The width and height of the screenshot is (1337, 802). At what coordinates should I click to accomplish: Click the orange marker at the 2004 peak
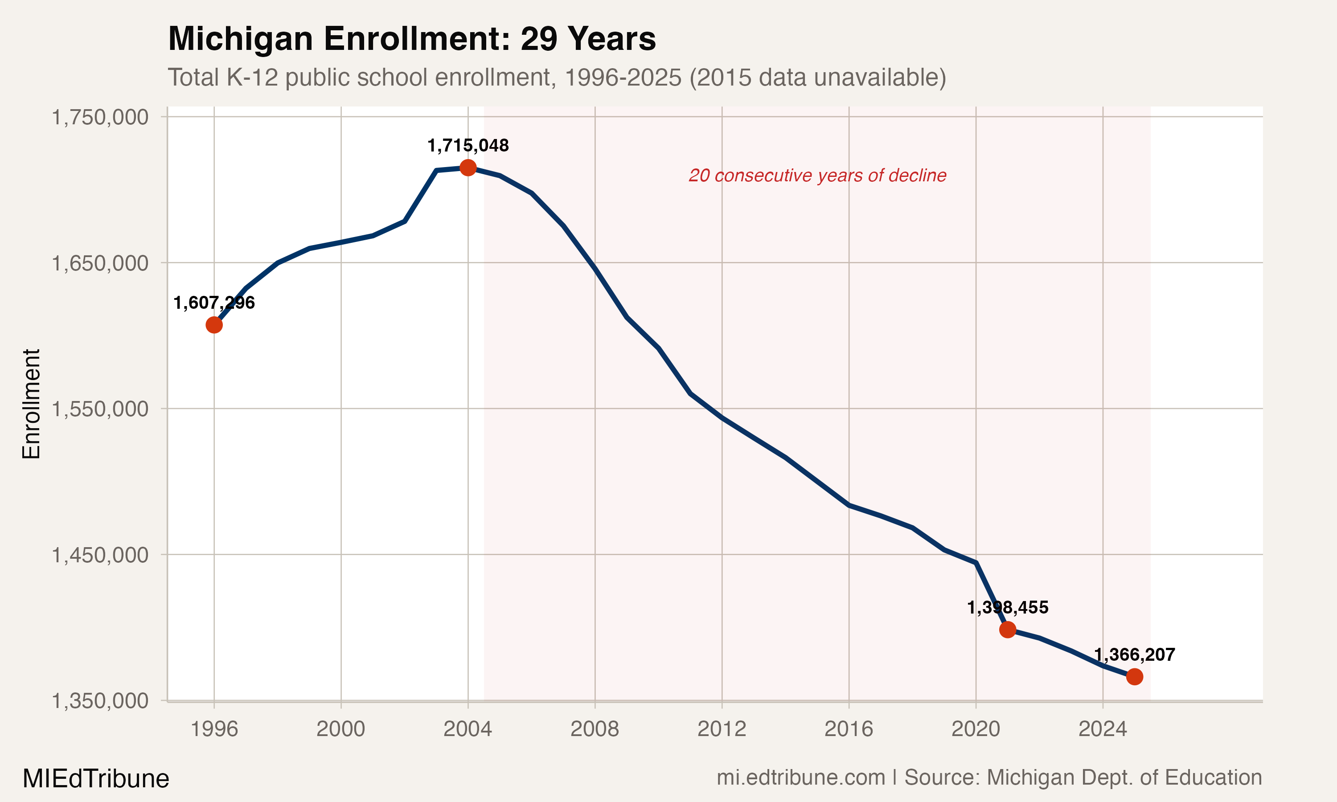468,168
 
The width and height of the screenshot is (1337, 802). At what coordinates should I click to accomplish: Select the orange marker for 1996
214,325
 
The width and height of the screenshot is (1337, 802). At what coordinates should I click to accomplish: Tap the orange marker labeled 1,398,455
1007,630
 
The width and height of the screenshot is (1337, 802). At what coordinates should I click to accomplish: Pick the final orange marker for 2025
1134,677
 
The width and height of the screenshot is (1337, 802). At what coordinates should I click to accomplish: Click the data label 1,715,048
468,145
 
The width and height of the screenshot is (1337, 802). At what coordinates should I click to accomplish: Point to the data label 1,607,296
214,303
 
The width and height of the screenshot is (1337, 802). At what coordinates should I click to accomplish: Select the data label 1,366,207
1134,655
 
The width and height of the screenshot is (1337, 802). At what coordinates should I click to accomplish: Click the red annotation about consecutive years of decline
817,176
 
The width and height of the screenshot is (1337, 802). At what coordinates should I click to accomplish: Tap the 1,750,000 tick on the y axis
100,117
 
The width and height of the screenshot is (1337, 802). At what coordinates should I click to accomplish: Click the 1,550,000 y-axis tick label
100,409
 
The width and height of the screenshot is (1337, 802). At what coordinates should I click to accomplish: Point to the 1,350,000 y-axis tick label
100,701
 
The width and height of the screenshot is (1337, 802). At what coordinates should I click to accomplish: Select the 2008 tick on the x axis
595,729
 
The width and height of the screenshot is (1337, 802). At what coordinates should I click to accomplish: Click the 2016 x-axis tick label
849,729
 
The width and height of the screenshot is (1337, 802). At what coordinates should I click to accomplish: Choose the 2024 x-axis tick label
1103,729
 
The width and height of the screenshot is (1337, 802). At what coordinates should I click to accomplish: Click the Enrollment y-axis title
31,404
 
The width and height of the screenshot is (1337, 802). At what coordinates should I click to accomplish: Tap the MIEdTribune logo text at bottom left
96,779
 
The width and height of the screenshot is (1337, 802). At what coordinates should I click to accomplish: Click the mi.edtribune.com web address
801,777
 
